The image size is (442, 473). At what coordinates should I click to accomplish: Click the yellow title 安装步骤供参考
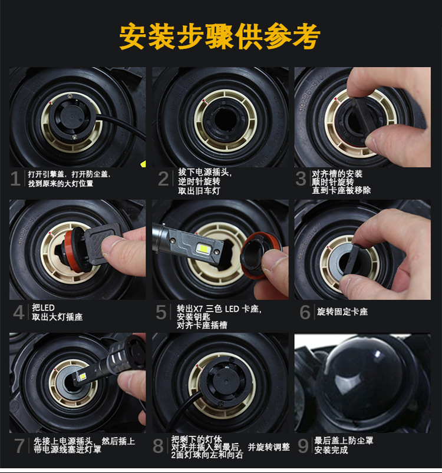(x=220, y=37)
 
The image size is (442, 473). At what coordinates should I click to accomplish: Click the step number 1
(x=15, y=178)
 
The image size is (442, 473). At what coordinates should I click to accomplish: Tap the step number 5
(x=161, y=312)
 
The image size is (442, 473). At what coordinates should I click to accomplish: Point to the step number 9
(x=304, y=445)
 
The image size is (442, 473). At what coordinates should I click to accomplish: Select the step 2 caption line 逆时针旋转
(x=199, y=181)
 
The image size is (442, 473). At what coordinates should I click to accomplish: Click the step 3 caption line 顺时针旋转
(x=333, y=182)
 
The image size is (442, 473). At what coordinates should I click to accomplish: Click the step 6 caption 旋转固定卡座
(x=342, y=312)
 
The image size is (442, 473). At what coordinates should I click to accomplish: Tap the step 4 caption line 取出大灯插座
(x=57, y=317)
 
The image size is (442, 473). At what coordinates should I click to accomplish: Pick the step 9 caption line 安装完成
(x=331, y=450)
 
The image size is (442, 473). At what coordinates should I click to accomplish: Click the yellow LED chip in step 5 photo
(x=202, y=248)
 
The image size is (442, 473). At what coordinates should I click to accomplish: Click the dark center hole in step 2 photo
(x=224, y=120)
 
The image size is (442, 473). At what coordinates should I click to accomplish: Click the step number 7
(x=19, y=446)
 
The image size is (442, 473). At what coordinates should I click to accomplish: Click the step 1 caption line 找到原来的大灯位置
(x=61, y=183)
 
